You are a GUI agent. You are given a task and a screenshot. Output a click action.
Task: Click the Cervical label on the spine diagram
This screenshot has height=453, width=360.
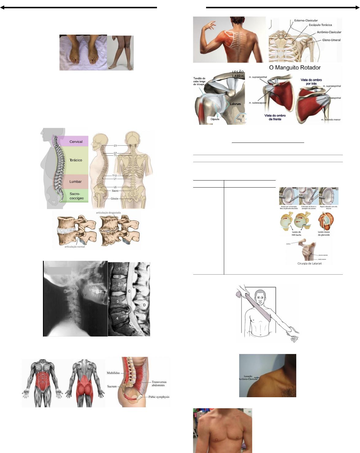click(x=76, y=142)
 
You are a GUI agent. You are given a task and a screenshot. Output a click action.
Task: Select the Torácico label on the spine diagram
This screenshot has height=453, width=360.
click(x=76, y=160)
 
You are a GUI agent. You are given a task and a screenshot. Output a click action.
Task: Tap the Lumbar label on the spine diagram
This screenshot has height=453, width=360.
click(x=75, y=181)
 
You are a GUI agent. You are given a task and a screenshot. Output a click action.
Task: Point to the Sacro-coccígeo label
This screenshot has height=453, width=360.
click(x=76, y=196)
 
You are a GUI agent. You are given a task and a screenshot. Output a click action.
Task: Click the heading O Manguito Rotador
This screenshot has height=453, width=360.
click(x=295, y=67)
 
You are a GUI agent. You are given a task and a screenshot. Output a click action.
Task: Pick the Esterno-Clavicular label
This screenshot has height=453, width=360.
click(x=306, y=21)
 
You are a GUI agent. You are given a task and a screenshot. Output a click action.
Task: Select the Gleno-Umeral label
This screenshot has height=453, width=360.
click(x=331, y=40)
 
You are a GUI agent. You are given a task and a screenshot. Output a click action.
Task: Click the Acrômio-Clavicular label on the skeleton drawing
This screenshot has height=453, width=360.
click(x=329, y=32)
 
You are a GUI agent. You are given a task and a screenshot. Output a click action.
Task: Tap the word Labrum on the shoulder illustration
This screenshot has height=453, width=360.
click(x=236, y=104)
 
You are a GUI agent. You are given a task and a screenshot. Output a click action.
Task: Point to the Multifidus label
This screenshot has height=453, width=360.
click(x=113, y=373)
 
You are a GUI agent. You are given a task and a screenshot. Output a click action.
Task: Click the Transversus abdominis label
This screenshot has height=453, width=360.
click(x=159, y=383)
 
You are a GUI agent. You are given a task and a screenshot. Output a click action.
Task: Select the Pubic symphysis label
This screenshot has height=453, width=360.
click(x=159, y=397)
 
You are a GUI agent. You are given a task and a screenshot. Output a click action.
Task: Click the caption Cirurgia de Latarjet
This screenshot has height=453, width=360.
click(x=309, y=264)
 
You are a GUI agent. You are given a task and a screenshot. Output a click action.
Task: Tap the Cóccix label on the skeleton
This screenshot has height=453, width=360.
click(x=114, y=199)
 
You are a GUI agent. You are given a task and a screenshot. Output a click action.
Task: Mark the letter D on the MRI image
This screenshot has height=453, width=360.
click(x=144, y=305)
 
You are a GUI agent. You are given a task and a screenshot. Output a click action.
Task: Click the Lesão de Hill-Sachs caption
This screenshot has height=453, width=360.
click(x=296, y=233)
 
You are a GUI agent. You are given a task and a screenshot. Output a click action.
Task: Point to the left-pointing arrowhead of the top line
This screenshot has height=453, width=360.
click(x=2, y=8)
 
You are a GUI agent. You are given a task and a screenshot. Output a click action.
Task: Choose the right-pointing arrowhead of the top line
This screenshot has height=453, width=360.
click(x=358, y=8)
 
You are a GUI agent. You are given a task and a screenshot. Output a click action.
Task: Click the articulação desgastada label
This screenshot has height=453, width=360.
click(x=108, y=212)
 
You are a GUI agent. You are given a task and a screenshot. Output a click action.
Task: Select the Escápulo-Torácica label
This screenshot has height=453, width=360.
click(x=320, y=25)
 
